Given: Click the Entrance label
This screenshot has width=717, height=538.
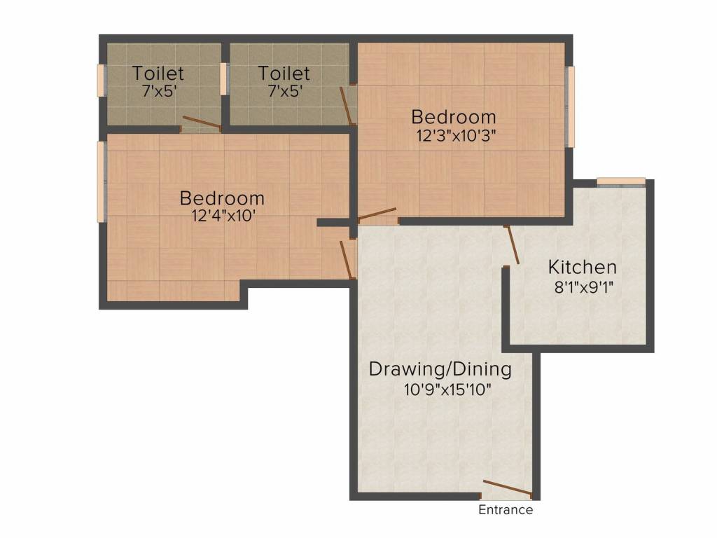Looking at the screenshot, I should pos(506,510).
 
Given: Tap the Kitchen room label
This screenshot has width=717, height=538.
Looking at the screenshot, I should pos(582,267).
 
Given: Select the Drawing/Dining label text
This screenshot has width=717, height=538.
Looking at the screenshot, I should pos(440,368).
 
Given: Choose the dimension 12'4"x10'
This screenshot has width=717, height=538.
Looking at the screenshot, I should pos(223,216).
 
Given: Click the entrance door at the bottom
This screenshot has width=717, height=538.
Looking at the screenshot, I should pos(507,488).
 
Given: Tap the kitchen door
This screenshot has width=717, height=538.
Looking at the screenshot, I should pos(513,244).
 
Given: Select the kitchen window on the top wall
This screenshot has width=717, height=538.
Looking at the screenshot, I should pos(620,181).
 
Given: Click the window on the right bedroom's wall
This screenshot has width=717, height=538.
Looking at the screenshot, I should pos(571,106).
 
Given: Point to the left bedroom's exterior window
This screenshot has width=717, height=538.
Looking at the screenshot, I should pos(102,181).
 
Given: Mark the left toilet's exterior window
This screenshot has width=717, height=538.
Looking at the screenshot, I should pos(102,81).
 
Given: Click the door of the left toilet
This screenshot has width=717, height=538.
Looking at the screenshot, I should pos(201,123).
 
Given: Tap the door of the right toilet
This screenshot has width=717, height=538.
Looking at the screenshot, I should pos(347,105).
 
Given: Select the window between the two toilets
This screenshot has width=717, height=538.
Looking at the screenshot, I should pos(224,78).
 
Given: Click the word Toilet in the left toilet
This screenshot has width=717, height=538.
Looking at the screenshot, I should pos(158,73).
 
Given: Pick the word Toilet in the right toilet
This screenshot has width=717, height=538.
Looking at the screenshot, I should pos(284,73).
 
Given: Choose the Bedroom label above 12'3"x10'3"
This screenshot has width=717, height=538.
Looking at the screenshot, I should pos(454,117).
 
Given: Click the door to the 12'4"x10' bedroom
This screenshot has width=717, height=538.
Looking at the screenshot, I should pos(347,259).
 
